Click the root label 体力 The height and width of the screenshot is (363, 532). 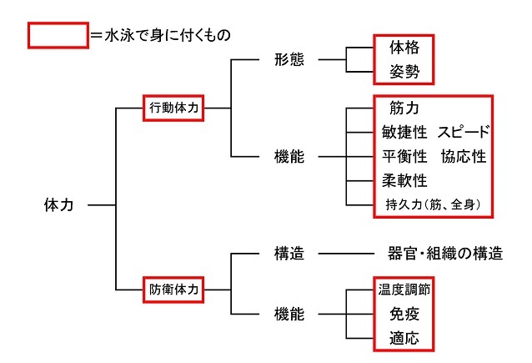point(58,204)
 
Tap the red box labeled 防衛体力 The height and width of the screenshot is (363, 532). point(173,290)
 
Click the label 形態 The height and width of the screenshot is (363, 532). point(289,60)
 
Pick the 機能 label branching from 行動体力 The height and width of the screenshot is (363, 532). point(289,156)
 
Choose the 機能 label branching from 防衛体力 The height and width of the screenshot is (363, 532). point(289,314)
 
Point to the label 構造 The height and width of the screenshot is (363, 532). point(289,254)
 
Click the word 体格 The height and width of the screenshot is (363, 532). point(404,48)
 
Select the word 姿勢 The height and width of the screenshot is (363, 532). point(404,73)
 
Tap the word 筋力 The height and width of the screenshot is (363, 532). point(404,108)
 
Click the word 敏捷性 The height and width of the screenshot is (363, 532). point(404,133)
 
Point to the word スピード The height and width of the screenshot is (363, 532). point(463,133)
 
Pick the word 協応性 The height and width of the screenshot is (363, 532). point(463,156)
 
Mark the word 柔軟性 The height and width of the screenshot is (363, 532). point(404,180)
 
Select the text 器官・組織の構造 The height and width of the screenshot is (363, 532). point(445,254)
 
